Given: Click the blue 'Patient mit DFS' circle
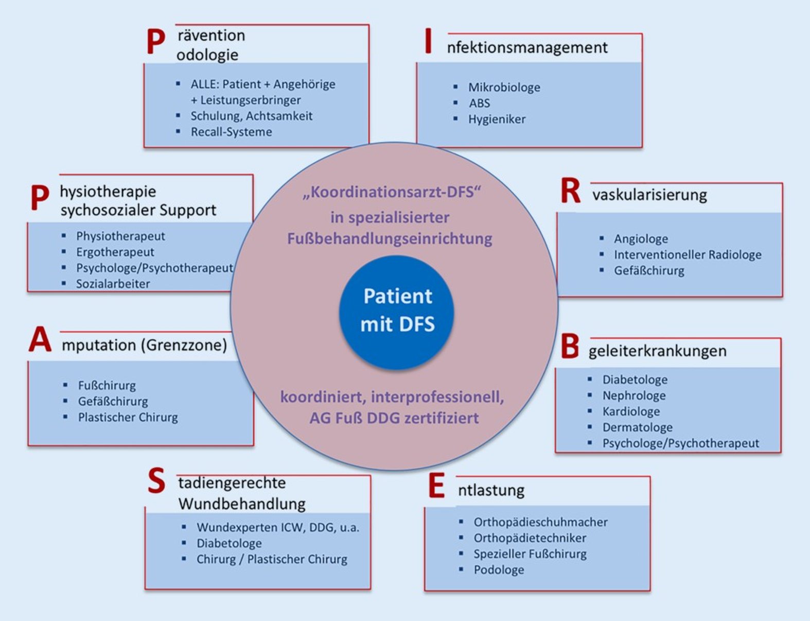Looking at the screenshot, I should coord(397,310).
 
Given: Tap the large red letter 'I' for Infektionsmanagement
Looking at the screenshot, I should coord(428,41).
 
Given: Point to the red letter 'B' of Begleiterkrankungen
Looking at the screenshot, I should coord(570,347).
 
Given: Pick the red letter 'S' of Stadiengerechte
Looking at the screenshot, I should coord(156,481).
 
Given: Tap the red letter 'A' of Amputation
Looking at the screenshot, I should coord(40,340).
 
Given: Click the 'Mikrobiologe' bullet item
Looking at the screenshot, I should coord(504,88).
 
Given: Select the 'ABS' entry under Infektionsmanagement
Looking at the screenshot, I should coord(479,104).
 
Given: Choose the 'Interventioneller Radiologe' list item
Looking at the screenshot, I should coord(687,255).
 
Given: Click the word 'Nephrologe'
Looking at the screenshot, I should coord(634,396).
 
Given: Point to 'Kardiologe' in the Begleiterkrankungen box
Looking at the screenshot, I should coord(631,412).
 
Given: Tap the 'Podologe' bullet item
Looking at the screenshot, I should coord(499,570).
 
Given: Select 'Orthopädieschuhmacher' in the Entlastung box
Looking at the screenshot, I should coord(540,522).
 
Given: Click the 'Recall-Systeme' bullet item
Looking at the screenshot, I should coord(231,132).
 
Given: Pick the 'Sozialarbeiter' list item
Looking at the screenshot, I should coord(113,284).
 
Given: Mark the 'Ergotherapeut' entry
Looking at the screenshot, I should coord(115,252).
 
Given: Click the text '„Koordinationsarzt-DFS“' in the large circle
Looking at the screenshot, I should coord(392,192).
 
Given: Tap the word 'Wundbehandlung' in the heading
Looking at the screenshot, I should coord(242,504).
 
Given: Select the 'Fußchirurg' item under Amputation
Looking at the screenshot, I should coord(107,386).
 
